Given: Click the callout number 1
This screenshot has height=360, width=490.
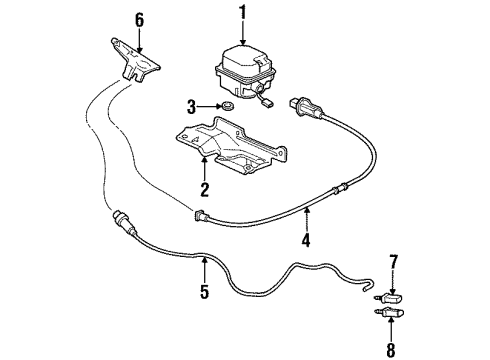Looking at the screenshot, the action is [x=243, y=12].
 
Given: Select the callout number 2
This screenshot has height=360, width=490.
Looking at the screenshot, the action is [x=204, y=189].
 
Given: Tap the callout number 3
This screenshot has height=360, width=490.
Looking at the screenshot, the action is [x=191, y=107].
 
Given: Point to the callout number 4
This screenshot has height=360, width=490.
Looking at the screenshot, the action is [x=306, y=240].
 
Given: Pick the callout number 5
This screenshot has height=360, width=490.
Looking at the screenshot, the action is [x=204, y=291].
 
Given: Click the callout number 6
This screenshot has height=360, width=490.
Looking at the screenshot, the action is [x=139, y=20].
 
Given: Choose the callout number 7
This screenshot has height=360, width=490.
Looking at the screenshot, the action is [x=394, y=262].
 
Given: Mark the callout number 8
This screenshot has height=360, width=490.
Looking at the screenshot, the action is [x=391, y=350].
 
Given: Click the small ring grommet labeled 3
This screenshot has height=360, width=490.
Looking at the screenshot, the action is [x=227, y=106].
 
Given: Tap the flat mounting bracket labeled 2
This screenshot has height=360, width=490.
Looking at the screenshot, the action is [x=231, y=145].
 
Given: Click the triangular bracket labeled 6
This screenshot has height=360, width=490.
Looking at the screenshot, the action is [x=135, y=60].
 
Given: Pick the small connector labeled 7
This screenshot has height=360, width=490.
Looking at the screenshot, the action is [x=389, y=297].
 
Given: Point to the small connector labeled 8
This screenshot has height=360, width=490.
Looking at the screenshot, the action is [x=388, y=313].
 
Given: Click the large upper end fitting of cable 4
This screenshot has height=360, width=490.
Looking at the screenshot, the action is [x=306, y=107].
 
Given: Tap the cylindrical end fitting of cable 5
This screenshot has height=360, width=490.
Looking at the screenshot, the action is [x=124, y=221].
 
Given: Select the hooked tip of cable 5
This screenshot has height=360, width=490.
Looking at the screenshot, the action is [x=369, y=286].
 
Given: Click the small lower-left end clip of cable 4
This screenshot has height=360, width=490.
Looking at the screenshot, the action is [x=201, y=216].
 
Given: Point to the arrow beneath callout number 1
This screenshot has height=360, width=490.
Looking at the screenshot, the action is [x=243, y=33].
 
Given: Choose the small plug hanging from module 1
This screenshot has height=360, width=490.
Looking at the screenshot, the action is [x=268, y=104].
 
